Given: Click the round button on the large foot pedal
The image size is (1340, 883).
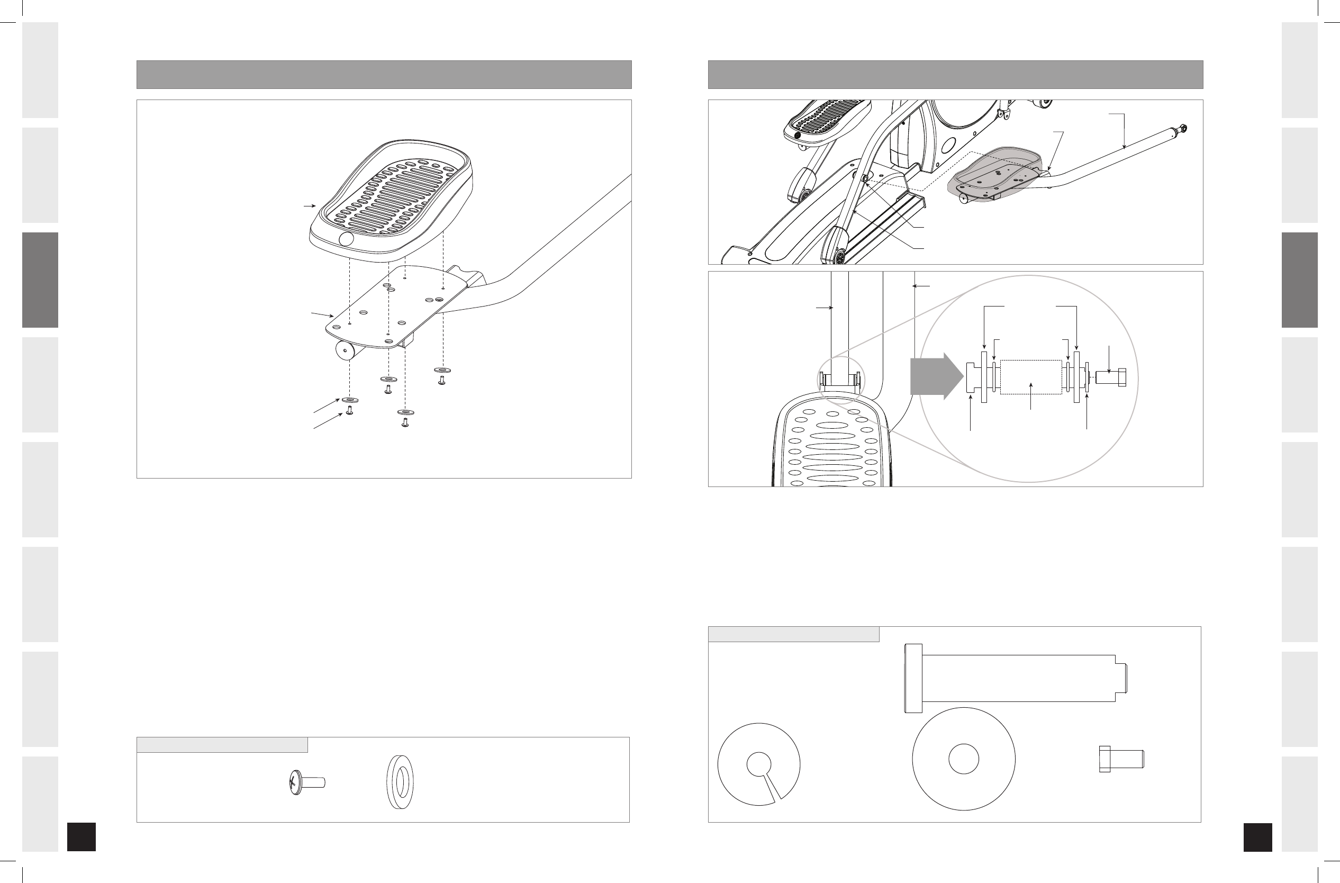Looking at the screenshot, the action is pyautogui.click(x=346, y=239).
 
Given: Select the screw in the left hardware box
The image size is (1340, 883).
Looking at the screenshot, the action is pyautogui.click(x=306, y=783).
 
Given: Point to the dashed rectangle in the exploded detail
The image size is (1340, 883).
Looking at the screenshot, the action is pyautogui.click(x=1030, y=377).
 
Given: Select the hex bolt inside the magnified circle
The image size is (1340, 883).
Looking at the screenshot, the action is pyautogui.click(x=1110, y=377).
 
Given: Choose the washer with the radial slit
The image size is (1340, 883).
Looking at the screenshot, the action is pyautogui.click(x=758, y=764).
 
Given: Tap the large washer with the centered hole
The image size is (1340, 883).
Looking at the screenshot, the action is pyautogui.click(x=963, y=759).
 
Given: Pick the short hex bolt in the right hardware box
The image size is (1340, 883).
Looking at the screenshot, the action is pyautogui.click(x=1120, y=759).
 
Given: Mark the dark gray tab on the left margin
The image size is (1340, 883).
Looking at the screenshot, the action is pyautogui.click(x=40, y=280).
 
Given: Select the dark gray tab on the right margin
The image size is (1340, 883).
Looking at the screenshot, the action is pyautogui.click(x=1299, y=280).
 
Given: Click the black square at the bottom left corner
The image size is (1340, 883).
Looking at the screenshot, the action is pyautogui.click(x=81, y=837).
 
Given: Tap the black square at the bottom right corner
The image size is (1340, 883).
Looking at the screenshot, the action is pyautogui.click(x=1257, y=837).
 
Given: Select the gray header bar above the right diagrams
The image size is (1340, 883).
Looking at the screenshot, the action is pyautogui.click(x=955, y=74).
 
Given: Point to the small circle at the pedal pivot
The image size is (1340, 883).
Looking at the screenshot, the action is pyautogui.click(x=865, y=178).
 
